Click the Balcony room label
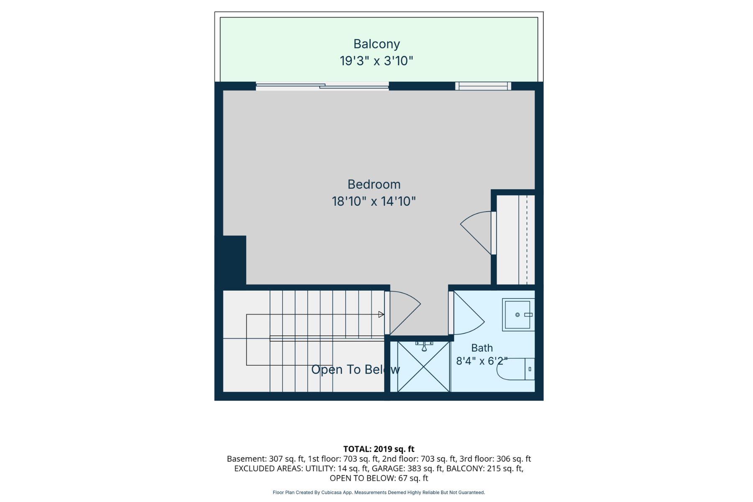(376, 44)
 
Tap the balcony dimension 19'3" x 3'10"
(376, 61)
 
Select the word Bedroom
(374, 184)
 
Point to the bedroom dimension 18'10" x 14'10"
(374, 202)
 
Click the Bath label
(482, 348)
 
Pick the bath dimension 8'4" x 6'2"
(482, 361)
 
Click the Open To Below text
(356, 369)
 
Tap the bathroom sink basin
(518, 315)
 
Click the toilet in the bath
(515, 369)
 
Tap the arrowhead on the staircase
(381, 315)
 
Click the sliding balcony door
(322, 86)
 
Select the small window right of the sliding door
(483, 86)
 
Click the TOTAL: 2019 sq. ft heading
(379, 449)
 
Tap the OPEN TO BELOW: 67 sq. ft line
(379, 478)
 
